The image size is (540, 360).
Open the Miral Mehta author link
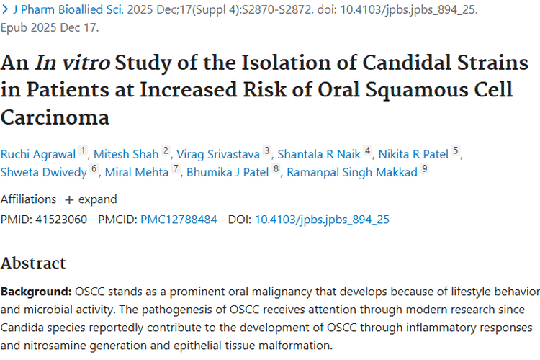137,172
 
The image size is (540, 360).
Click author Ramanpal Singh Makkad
352,172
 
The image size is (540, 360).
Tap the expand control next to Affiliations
91,199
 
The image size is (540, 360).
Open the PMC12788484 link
179,220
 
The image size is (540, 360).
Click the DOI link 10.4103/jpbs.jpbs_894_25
322,220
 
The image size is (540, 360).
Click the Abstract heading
33,263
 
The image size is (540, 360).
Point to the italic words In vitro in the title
71,63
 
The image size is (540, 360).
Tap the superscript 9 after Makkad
424,170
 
